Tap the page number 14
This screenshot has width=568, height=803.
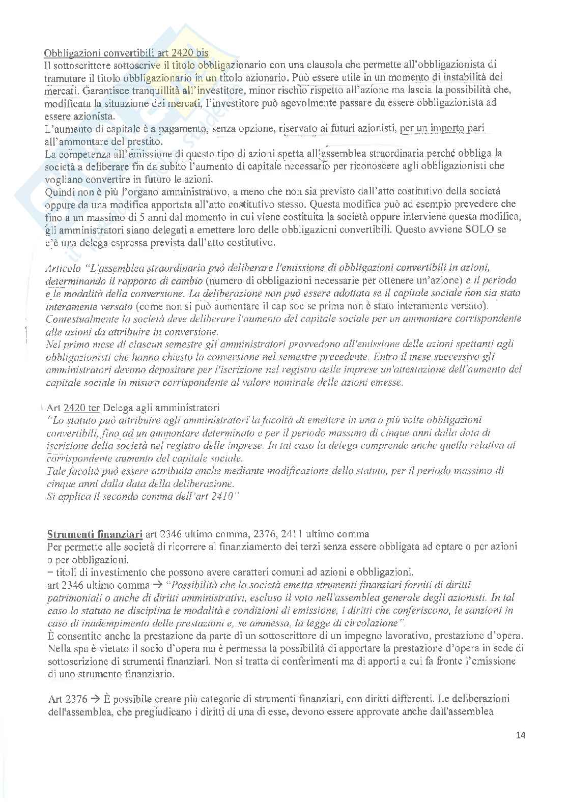click(x=520, y=735)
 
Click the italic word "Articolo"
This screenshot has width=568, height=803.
click(x=63, y=268)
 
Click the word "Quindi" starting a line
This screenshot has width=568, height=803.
click(x=58, y=192)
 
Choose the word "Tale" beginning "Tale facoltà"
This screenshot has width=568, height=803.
click(x=55, y=471)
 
